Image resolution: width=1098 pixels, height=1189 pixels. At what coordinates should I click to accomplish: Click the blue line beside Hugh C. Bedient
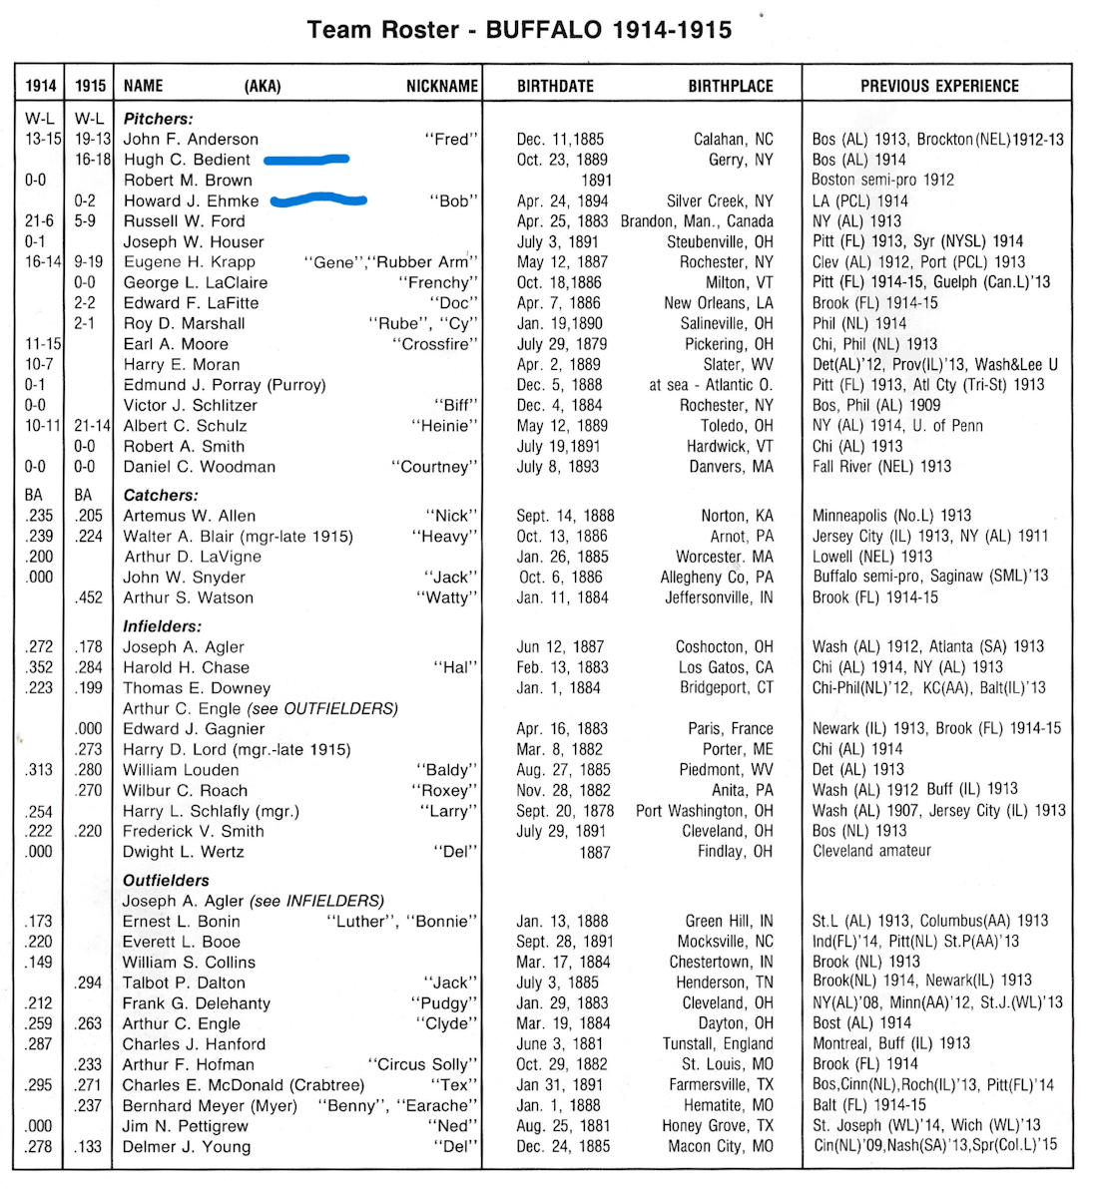(306, 159)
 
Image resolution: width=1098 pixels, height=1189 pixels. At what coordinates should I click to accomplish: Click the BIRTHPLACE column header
(730, 86)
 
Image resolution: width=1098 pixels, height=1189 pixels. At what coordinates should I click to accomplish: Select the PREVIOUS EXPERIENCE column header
(938, 86)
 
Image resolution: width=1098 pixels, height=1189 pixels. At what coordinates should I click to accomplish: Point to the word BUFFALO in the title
(544, 29)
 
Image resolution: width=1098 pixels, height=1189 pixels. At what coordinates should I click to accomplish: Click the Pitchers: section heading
(158, 119)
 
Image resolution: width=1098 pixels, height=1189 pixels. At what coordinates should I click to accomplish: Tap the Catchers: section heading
(161, 495)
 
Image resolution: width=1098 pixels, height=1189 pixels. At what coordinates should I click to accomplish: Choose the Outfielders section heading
(166, 880)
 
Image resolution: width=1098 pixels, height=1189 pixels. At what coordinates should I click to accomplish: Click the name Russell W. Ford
(184, 220)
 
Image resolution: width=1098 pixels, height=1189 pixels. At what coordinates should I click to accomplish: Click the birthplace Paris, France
(730, 728)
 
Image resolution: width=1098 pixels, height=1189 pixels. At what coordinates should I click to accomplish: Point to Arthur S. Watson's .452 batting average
(90, 597)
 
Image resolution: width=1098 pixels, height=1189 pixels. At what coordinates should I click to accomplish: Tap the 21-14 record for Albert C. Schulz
(91, 425)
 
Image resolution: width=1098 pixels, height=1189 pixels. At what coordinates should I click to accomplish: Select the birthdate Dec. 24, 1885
(563, 1146)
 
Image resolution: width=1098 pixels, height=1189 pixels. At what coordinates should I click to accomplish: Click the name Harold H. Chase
(186, 667)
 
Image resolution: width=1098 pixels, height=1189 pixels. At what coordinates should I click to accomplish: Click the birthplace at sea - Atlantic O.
(710, 384)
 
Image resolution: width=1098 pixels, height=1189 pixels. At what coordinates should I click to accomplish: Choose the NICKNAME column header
(441, 86)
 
